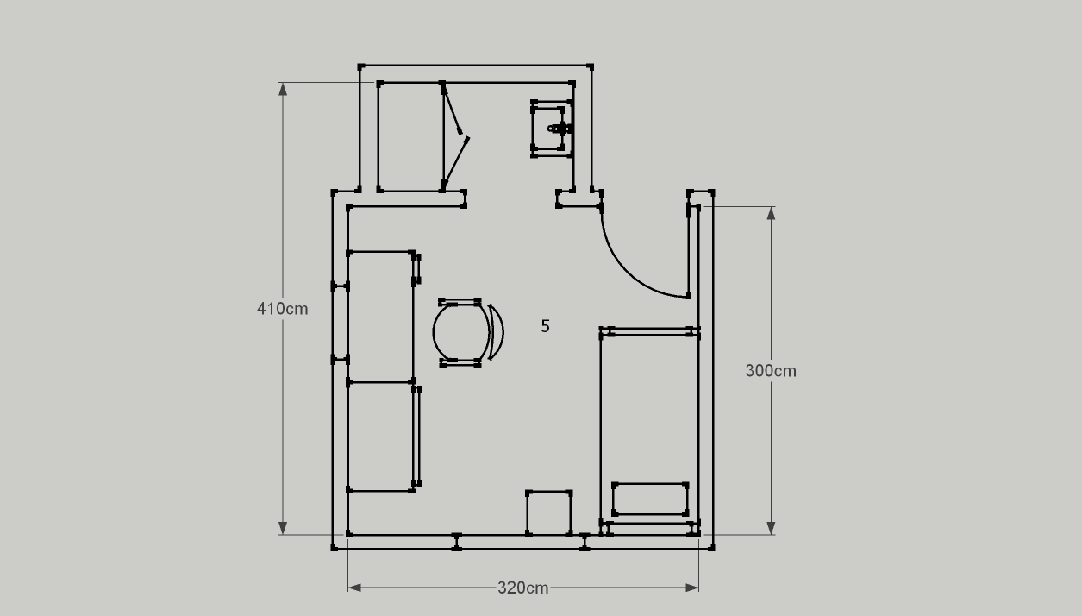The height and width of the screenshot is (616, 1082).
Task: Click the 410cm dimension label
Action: click(x=283, y=309)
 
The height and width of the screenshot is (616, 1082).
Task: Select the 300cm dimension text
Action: click(x=771, y=371)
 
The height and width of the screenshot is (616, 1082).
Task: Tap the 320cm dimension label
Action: click(x=523, y=588)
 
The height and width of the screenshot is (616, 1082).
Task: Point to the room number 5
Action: click(x=546, y=326)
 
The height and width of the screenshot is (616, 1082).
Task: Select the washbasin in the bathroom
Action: click(x=552, y=129)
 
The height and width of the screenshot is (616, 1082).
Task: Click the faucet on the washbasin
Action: click(x=560, y=129)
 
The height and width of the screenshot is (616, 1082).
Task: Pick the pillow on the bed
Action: click(x=650, y=499)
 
